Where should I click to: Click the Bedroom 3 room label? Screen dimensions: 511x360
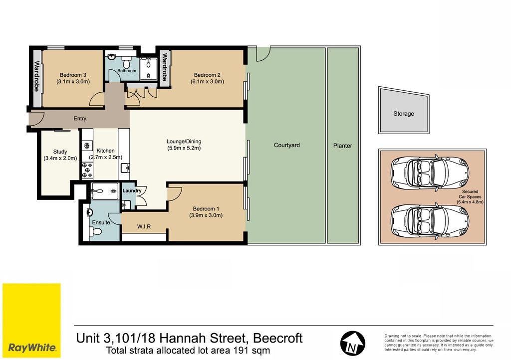click(73, 75)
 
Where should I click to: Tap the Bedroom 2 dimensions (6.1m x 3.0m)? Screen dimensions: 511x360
click(207, 82)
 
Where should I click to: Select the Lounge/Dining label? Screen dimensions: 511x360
click(184, 142)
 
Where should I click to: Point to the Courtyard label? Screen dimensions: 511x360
click(287, 145)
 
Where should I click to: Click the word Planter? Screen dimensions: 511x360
click(342, 146)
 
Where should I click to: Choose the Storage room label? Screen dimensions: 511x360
click(403, 114)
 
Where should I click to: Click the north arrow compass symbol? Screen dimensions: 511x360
click(353, 344)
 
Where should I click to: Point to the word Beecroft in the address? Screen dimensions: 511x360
click(278, 338)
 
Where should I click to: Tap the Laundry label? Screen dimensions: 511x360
click(132, 191)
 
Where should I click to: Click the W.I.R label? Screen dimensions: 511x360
click(144, 226)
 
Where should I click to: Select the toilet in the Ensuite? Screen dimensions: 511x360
click(96, 232)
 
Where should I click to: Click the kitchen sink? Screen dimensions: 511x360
click(125, 168)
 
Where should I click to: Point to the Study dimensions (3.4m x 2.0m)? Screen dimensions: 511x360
click(60, 159)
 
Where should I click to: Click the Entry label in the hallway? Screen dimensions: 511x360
click(80, 119)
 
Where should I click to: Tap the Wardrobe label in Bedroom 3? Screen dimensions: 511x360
click(37, 76)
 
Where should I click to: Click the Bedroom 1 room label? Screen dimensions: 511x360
click(206, 208)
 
